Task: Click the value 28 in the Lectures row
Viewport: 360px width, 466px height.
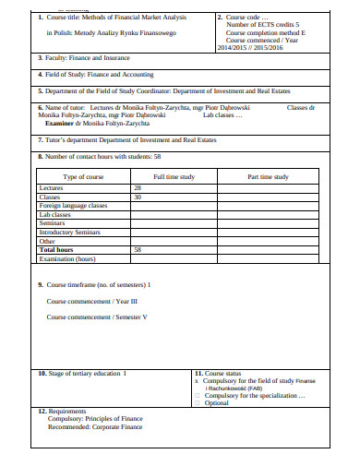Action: pos(138,186)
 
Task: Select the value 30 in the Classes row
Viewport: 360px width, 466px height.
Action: pos(138,197)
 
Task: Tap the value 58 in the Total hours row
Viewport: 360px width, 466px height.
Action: pos(138,249)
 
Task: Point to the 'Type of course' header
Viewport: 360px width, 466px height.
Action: pos(83,175)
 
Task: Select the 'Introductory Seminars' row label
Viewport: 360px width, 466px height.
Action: pos(69,232)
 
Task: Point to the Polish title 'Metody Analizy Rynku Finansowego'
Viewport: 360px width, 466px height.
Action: pos(113,32)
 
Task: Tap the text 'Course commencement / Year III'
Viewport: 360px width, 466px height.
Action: pos(92,301)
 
